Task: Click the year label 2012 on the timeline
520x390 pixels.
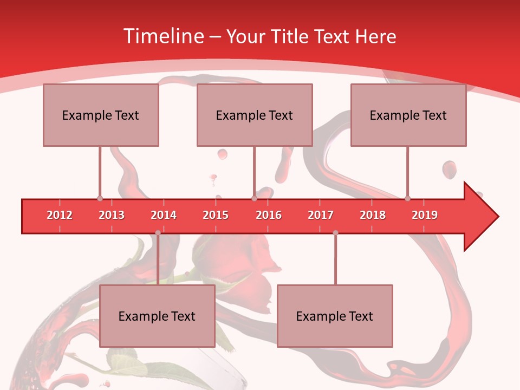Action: [x=60, y=215]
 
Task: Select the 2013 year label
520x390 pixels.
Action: [x=112, y=215]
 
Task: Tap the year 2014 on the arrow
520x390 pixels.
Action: [x=164, y=215]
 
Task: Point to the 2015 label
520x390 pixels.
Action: [x=216, y=215]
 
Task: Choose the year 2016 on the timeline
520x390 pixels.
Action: [x=269, y=215]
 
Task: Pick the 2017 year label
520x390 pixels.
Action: [x=321, y=215]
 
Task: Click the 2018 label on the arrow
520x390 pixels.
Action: [x=373, y=215]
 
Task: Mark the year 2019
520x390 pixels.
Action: [x=425, y=215]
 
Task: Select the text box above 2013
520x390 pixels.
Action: [x=101, y=115]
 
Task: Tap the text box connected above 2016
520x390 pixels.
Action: [x=255, y=115]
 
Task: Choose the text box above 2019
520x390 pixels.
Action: [x=408, y=115]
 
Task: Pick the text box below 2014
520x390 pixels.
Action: [x=157, y=316]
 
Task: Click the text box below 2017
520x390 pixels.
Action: [x=335, y=316]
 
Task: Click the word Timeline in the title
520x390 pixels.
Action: [x=162, y=36]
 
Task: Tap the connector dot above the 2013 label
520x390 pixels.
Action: [x=100, y=198]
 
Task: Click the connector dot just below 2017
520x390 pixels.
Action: [x=335, y=233]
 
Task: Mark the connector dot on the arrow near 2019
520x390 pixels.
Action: [x=407, y=198]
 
